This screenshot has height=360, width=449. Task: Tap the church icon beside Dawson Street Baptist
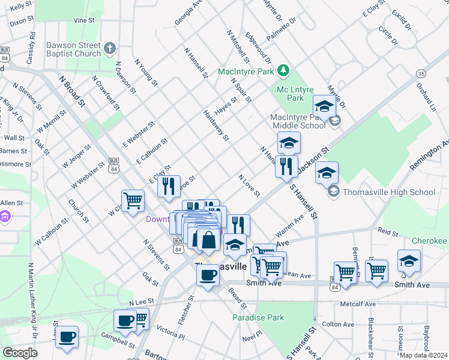point(109,48)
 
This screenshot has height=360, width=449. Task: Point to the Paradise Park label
point(258,317)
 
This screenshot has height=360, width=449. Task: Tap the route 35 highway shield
point(421,73)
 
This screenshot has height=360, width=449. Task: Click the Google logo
point(20,353)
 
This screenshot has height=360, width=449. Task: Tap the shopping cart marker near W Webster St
point(132,200)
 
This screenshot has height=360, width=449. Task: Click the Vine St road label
point(84,20)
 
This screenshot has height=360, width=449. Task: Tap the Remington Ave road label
point(436,155)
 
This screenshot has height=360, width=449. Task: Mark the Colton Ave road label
point(336,324)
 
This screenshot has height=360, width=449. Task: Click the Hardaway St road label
point(216,125)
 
